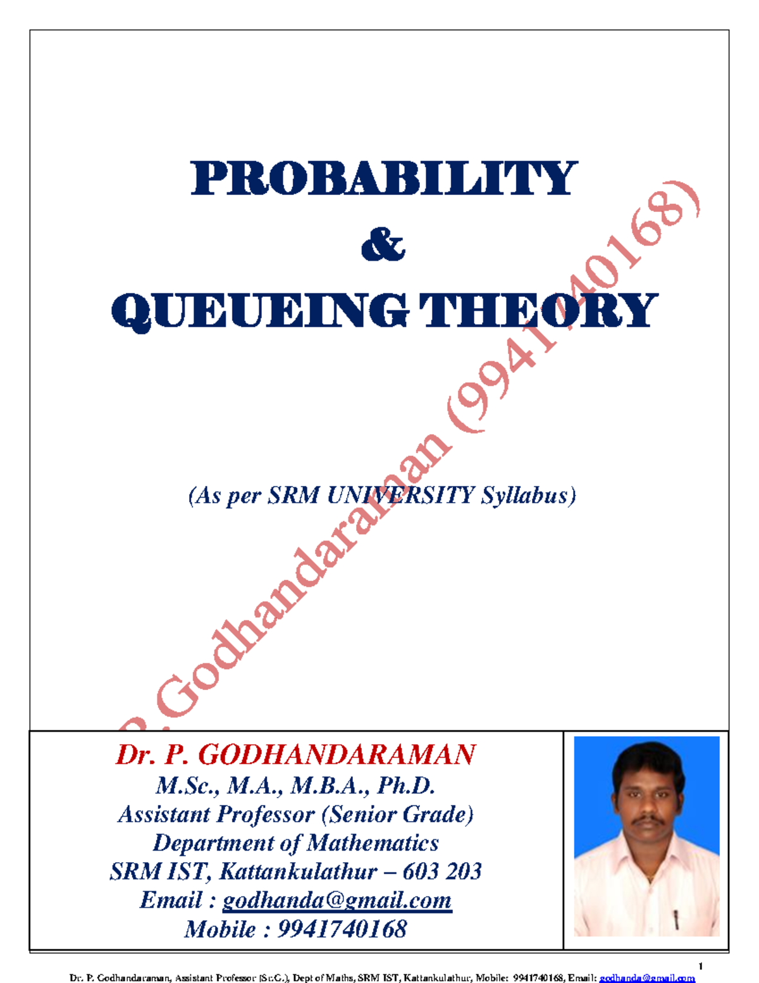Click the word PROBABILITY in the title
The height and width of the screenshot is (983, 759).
pyautogui.click(x=384, y=178)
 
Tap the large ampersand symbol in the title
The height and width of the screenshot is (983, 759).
pyautogui.click(x=383, y=246)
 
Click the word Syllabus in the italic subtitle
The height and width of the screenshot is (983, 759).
pyautogui.click(x=528, y=495)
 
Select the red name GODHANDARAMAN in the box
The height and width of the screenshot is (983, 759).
pyautogui.click(x=336, y=754)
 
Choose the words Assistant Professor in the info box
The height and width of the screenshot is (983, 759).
pyautogui.click(x=216, y=814)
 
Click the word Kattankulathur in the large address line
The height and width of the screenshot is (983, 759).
pyautogui.click(x=298, y=872)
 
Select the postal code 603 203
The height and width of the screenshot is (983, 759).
pyautogui.click(x=442, y=872)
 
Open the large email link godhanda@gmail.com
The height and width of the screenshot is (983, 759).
pyautogui.click(x=337, y=900)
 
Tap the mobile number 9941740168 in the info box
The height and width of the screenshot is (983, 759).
pyautogui.click(x=342, y=929)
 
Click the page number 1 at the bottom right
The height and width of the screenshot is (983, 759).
pyautogui.click(x=701, y=966)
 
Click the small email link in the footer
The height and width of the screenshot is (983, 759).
pyautogui.click(x=647, y=978)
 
